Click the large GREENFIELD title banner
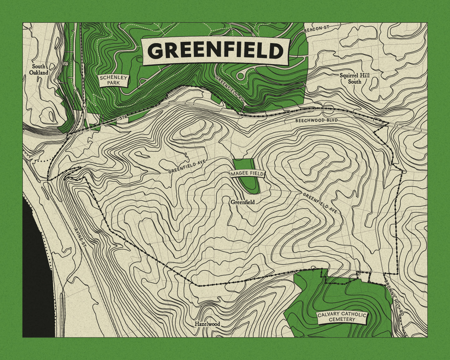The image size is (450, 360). coord(215,51)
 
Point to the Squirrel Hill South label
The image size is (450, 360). coord(354,78)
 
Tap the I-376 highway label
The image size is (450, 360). coord(121,117)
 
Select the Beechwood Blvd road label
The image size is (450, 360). coord(316,120)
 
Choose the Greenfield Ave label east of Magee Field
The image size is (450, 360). coord(320,203)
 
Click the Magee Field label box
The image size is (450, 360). coord(247,174)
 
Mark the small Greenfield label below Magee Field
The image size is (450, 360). coord(243,202)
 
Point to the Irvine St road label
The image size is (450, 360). coord(80,237)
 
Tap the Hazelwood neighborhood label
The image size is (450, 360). coord(207,324)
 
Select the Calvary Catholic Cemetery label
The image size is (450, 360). coord(342,317)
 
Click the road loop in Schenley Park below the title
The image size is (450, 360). coord(241,75)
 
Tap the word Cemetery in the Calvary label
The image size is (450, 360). coord(342,319)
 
